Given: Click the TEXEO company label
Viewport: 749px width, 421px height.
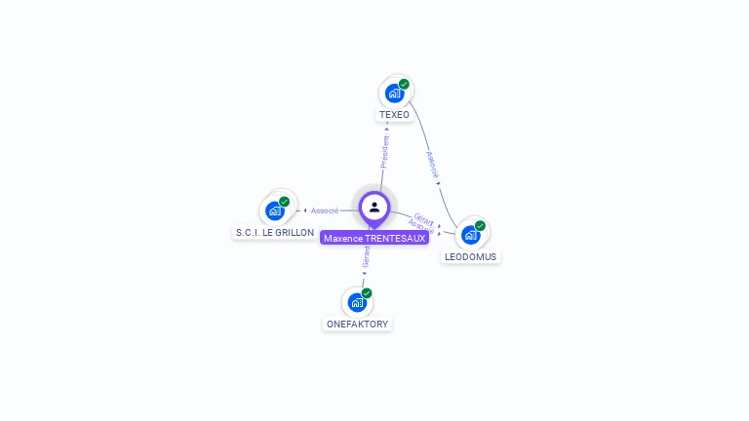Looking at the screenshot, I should click(x=394, y=115).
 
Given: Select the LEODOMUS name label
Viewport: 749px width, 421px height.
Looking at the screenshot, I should click(x=470, y=257).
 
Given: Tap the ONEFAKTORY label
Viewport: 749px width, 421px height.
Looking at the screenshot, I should click(x=357, y=324).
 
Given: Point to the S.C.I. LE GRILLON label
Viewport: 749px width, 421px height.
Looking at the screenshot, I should click(x=275, y=233).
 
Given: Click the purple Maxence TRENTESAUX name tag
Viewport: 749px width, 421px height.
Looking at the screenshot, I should click(x=374, y=239).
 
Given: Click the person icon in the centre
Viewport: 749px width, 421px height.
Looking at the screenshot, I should click(x=374, y=207).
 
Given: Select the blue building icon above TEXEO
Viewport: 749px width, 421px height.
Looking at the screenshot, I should click(x=394, y=94).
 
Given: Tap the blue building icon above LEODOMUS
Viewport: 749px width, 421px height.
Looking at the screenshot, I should click(x=470, y=235).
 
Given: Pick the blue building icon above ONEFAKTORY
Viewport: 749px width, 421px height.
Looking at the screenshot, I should click(x=357, y=302).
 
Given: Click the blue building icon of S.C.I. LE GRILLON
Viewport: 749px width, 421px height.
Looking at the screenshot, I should click(x=275, y=210).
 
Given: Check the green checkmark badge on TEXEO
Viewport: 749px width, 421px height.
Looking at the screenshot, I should click(x=404, y=84).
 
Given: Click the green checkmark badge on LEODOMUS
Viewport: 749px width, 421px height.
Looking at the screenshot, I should click(x=480, y=225).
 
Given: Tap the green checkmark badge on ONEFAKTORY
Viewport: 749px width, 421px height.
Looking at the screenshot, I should click(x=367, y=292).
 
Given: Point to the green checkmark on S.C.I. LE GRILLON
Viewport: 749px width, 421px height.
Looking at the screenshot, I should click(x=285, y=201).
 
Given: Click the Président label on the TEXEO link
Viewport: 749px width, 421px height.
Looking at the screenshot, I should click(x=385, y=151).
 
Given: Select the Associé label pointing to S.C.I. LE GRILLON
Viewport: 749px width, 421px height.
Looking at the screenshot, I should click(x=325, y=210).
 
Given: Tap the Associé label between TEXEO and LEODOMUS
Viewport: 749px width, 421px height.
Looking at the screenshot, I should click(x=433, y=164).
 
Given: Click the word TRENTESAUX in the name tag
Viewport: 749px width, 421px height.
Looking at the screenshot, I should click(x=395, y=239).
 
